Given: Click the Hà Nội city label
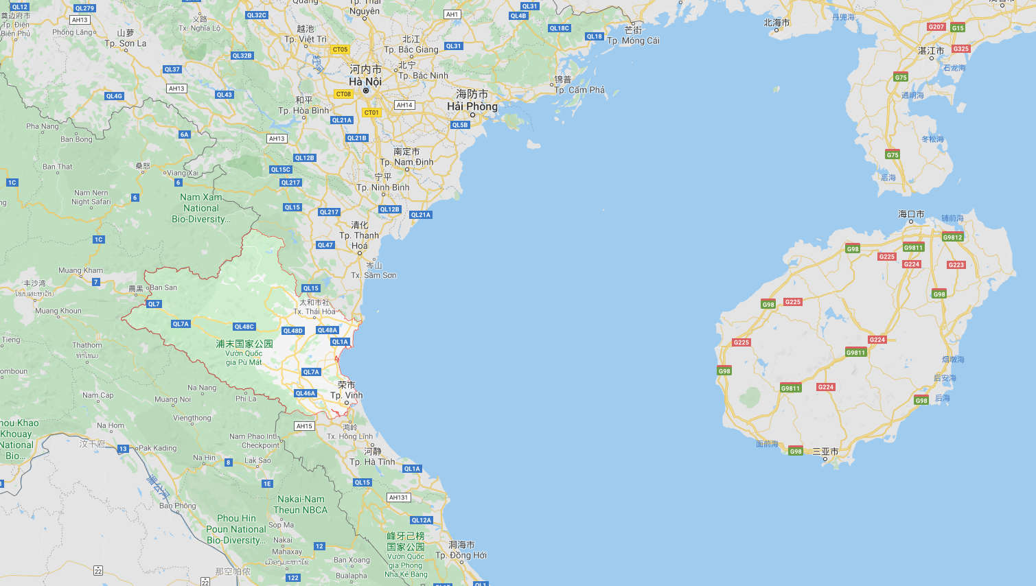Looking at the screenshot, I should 365,82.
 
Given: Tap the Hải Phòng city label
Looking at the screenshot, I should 472,106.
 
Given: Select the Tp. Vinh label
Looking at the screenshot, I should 347,395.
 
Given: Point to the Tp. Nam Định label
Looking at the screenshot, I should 406,162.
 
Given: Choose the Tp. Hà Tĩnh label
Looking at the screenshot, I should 372,462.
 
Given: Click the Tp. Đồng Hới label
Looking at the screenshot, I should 461,555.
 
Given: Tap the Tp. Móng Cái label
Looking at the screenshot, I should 633,40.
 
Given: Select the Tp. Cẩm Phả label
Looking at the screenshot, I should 579,90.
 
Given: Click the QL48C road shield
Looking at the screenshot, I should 244,327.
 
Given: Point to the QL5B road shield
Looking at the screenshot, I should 460,125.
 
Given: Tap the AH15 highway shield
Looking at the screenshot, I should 304,426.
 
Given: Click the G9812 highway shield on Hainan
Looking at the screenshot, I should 952,237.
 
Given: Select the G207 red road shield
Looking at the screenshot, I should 936,27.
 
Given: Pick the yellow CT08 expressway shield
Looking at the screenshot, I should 343,94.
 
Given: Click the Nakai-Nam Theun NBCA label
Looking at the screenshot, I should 301,504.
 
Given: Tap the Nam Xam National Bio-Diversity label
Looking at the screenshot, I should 201,208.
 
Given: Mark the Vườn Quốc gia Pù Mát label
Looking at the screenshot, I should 244,358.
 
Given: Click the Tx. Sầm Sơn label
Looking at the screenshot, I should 373,275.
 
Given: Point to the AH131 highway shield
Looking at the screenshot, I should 399,497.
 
